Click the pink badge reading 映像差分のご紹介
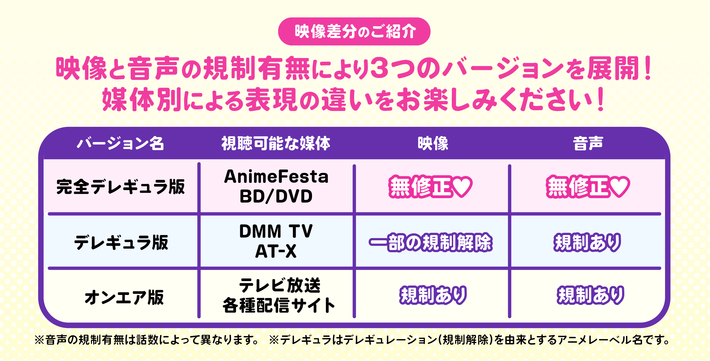click(x=354, y=31)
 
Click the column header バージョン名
click(x=120, y=143)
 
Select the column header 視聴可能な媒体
click(x=276, y=143)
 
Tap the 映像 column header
click(x=433, y=143)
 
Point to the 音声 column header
click(x=588, y=143)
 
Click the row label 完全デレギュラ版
click(x=121, y=187)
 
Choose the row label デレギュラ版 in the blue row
click(x=121, y=242)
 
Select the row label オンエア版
click(x=124, y=297)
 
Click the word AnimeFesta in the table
click(x=276, y=176)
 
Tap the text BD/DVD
click(x=276, y=196)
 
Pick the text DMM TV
click(x=276, y=231)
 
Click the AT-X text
click(x=276, y=251)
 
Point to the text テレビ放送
click(x=280, y=285)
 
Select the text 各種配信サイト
click(x=279, y=305)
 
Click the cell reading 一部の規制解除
click(x=431, y=242)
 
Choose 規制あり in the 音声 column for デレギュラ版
click(x=587, y=242)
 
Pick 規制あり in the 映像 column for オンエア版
click(x=433, y=295)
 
